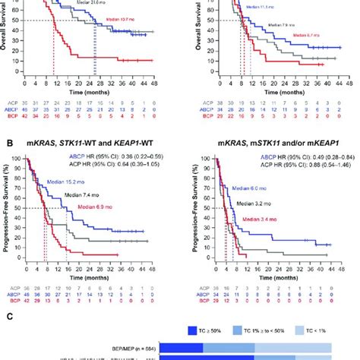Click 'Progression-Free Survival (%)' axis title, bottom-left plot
point(7,201)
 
